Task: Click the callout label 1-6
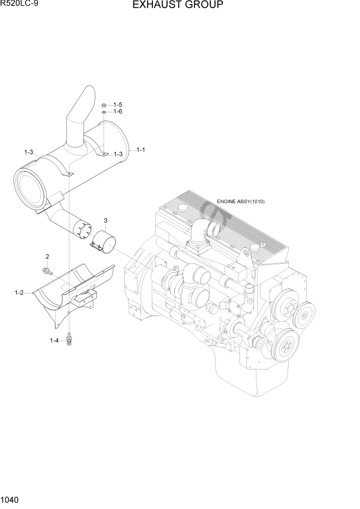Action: click(117, 111)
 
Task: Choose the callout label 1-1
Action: click(141, 150)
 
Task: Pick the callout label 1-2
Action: click(19, 293)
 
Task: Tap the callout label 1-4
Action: click(54, 341)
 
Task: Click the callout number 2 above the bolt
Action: click(47, 257)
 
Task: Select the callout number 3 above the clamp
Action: click(106, 221)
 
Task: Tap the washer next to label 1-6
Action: click(104, 111)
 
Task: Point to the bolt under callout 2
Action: click(47, 269)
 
